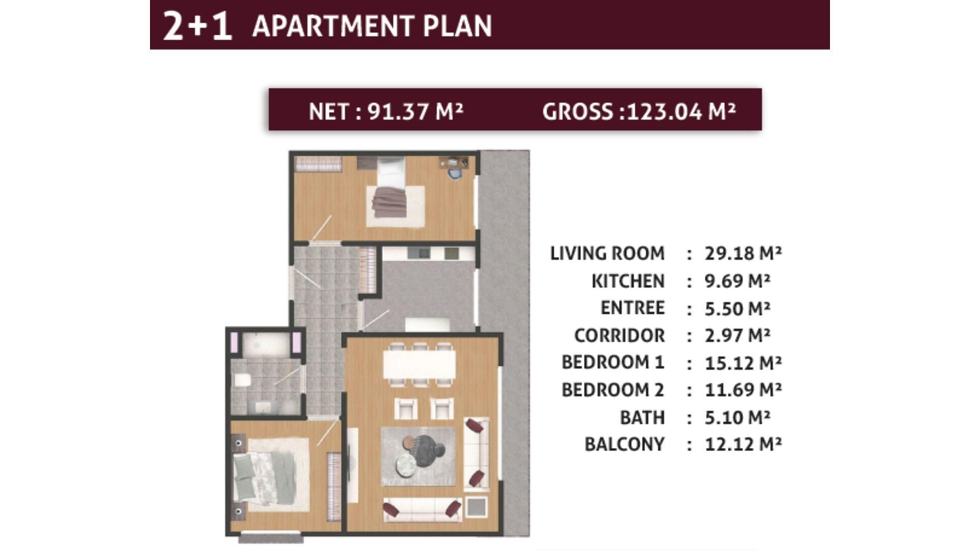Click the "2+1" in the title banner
(197, 26)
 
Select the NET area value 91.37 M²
(415, 111)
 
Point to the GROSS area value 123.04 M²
(681, 111)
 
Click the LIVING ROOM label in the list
(607, 253)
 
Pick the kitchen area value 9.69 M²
(738, 281)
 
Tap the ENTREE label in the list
(632, 308)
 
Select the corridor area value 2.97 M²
(738, 335)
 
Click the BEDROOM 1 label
(613, 362)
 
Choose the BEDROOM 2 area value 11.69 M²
(743, 390)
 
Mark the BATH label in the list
(642, 417)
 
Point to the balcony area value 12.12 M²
(743, 444)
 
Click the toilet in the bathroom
(242, 380)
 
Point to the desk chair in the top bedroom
(455, 174)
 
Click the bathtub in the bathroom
(265, 345)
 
